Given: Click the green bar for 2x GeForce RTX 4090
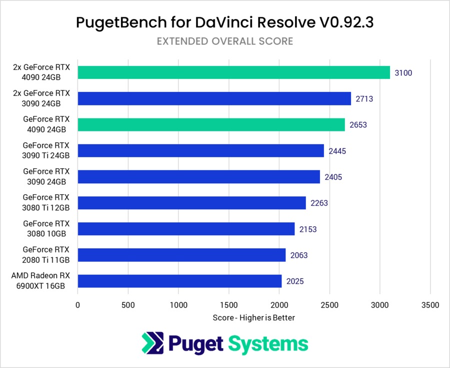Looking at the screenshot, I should [x=233, y=72].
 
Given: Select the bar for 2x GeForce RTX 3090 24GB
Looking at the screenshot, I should [x=214, y=98].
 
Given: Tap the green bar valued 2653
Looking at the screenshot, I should [x=211, y=125].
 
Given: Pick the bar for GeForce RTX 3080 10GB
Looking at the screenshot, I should [x=186, y=229].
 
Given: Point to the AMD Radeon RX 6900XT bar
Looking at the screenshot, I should [x=179, y=281].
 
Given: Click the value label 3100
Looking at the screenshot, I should [x=403, y=73].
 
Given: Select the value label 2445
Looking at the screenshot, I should [x=337, y=151].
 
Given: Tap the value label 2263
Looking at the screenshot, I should [x=319, y=203].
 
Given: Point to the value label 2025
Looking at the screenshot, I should [x=295, y=281].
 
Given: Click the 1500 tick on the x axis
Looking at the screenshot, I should [x=228, y=305].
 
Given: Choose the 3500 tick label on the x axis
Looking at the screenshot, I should [x=430, y=305].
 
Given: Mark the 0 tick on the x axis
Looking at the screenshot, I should [x=77, y=305].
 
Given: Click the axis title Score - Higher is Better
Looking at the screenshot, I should [x=253, y=318].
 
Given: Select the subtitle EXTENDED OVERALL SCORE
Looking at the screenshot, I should [x=224, y=41].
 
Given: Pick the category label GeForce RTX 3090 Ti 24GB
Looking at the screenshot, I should [x=46, y=150].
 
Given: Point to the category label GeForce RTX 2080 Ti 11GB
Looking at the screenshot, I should [x=46, y=254].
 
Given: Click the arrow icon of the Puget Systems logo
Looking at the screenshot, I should [x=151, y=344].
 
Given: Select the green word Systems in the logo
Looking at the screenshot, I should [x=268, y=344].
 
